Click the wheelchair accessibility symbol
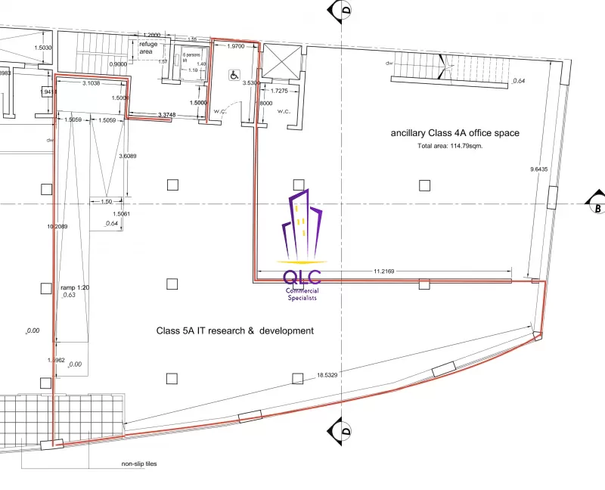pyautogui.click(x=234, y=75)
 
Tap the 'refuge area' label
pyautogui.click(x=148, y=48)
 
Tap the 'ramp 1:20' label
pyautogui.click(x=76, y=287)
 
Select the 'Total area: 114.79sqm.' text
pyautogui.click(x=450, y=145)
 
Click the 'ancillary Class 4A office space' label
pyautogui.click(x=455, y=133)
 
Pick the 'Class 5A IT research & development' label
pyautogui.click(x=234, y=330)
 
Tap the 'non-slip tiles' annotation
pyautogui.click(x=139, y=464)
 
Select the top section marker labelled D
pyautogui.click(x=345, y=11)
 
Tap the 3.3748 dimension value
pyautogui.click(x=167, y=115)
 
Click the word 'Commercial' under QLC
pyautogui.click(x=302, y=291)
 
